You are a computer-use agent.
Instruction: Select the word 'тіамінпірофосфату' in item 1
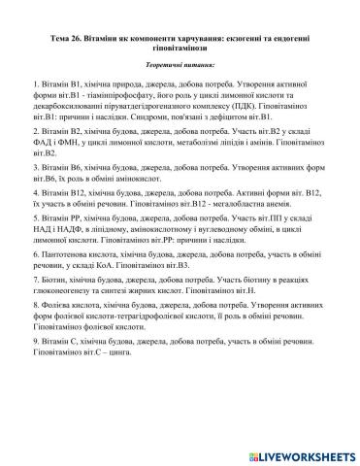[x=137, y=100]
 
